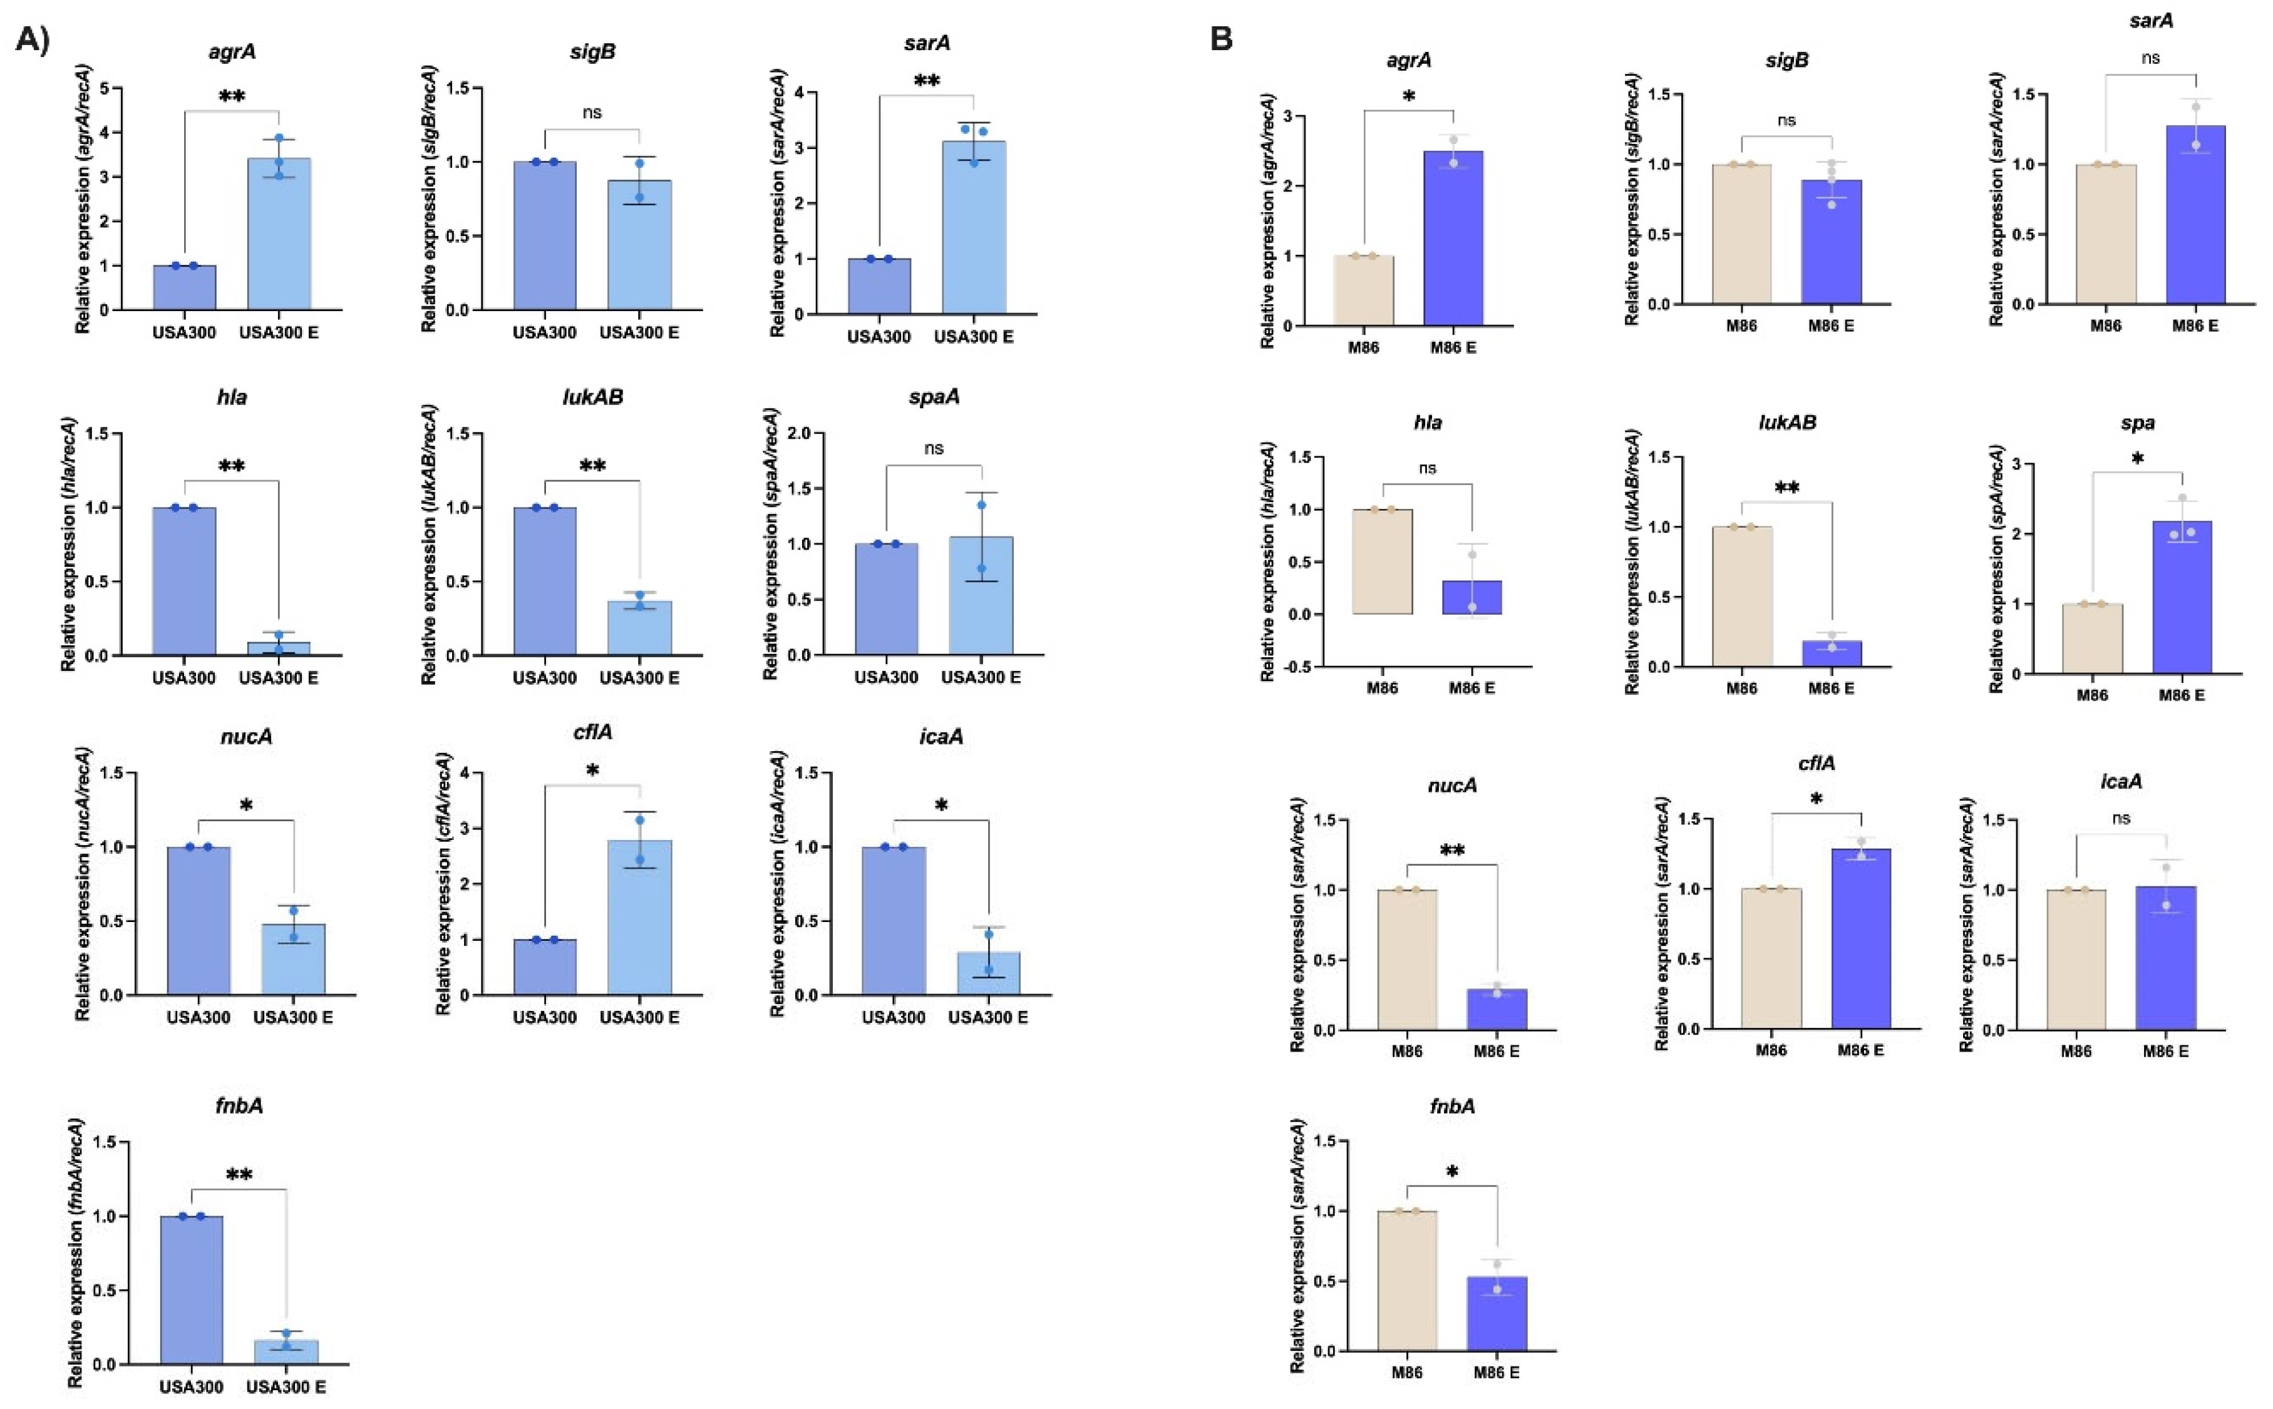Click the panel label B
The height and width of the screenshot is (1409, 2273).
[1221, 39]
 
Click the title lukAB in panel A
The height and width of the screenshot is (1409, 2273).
[593, 397]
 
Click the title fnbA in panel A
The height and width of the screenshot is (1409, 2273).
[239, 1105]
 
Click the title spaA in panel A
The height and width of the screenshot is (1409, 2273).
[934, 397]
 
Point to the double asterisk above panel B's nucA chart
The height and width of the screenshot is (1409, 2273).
[1452, 851]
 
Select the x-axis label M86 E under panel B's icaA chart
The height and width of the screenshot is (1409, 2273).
[2165, 1051]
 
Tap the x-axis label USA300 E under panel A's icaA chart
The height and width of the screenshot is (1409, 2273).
[988, 1017]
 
